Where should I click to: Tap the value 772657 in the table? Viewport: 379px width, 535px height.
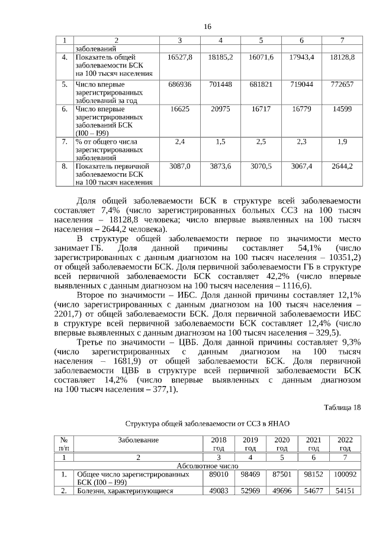[342, 85]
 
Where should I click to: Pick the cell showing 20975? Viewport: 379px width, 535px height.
[220, 109]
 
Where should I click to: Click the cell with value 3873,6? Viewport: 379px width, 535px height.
[220, 167]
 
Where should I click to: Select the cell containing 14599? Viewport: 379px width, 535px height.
[342, 109]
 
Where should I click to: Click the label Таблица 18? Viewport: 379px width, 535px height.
[342, 407]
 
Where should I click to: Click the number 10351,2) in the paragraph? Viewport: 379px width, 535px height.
[344, 258]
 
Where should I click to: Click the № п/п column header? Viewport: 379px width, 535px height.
[63, 444]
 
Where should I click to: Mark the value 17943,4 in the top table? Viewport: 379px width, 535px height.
[301, 57]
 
